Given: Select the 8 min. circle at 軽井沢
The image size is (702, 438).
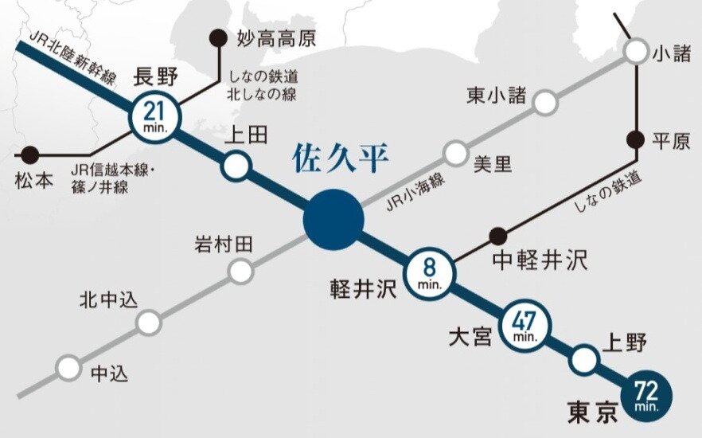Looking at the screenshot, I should (431, 272).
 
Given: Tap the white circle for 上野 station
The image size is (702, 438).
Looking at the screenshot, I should (586, 360).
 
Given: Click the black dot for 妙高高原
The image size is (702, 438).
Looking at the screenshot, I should (216, 37).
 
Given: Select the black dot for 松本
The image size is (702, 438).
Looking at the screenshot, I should (30, 154).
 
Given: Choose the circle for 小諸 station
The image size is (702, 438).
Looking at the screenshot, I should (636, 52).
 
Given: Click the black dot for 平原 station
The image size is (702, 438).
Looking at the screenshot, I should (635, 139).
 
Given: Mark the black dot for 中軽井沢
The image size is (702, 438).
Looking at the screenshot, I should (498, 235).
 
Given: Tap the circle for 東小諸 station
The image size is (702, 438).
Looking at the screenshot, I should (545, 103).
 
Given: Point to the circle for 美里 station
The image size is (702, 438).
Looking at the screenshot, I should (455, 153).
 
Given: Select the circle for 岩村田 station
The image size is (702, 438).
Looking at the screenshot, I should (240, 272).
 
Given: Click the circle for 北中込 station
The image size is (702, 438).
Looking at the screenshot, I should (148, 323).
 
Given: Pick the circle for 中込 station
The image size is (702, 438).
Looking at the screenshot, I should (69, 367).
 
